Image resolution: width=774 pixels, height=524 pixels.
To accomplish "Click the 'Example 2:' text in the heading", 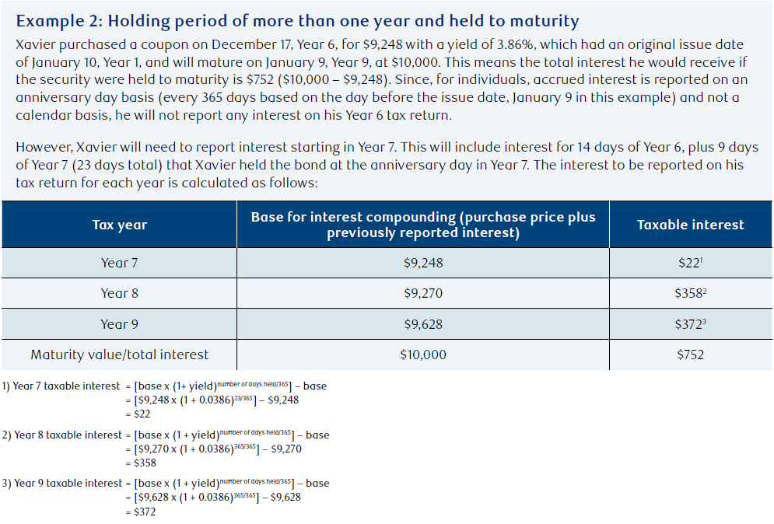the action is (60, 21).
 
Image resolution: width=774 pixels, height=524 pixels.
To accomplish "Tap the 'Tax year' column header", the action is (120, 225).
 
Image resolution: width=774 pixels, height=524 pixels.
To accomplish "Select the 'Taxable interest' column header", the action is (690, 225).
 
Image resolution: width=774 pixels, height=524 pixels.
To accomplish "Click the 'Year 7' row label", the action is (120, 263).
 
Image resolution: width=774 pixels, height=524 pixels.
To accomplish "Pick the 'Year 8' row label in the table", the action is (120, 294).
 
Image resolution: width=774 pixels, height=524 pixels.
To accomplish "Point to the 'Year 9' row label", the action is (120, 324).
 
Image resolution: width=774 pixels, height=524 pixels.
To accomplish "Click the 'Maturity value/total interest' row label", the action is (120, 355).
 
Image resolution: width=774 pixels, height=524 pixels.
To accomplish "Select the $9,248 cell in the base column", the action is (423, 263).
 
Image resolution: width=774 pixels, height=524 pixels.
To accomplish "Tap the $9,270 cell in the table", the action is (423, 294).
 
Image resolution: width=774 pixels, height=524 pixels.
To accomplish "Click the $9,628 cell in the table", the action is (423, 324).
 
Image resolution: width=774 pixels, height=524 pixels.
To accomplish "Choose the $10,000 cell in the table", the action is (423, 355).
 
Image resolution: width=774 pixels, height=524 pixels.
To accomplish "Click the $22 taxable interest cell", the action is (690, 263).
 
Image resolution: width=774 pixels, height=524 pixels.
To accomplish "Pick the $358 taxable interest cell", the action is (690, 294).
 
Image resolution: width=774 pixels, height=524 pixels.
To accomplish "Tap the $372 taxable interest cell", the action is (690, 324).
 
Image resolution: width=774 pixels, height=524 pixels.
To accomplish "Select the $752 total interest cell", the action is (690, 355).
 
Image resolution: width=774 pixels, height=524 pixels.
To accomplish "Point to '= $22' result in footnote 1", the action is (138, 414).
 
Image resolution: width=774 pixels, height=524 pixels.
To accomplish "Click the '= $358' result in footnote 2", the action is (141, 463).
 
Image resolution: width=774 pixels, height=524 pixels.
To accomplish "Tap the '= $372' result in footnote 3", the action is (141, 512).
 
